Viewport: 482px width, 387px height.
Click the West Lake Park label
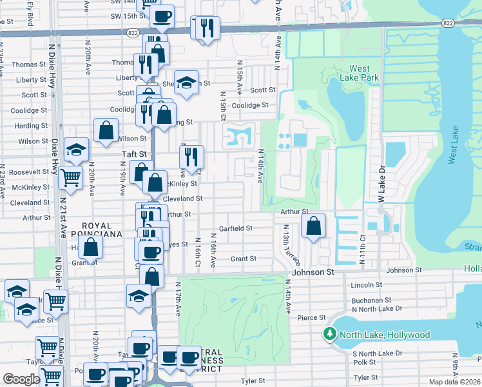pyautogui.click(x=360, y=73)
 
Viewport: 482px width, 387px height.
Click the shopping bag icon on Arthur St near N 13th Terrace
pyautogui.click(x=313, y=226)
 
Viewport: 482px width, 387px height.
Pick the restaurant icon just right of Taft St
pyautogui.click(x=191, y=157)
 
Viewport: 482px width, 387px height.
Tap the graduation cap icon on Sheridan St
pyautogui.click(x=186, y=83)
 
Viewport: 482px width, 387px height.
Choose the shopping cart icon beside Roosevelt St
pyautogui.click(x=70, y=176)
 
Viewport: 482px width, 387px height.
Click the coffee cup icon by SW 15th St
pyautogui.click(x=162, y=15)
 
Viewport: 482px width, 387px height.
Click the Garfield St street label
pyautogui.click(x=235, y=228)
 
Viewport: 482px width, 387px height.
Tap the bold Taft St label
pyautogui.click(x=135, y=155)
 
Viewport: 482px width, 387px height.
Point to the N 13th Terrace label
pyautogui.click(x=292, y=246)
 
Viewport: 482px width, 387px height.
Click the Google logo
pyautogui.click(x=21, y=379)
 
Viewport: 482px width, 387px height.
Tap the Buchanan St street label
pyautogui.click(x=371, y=300)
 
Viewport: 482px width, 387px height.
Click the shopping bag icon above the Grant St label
pyautogui.click(x=91, y=247)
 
